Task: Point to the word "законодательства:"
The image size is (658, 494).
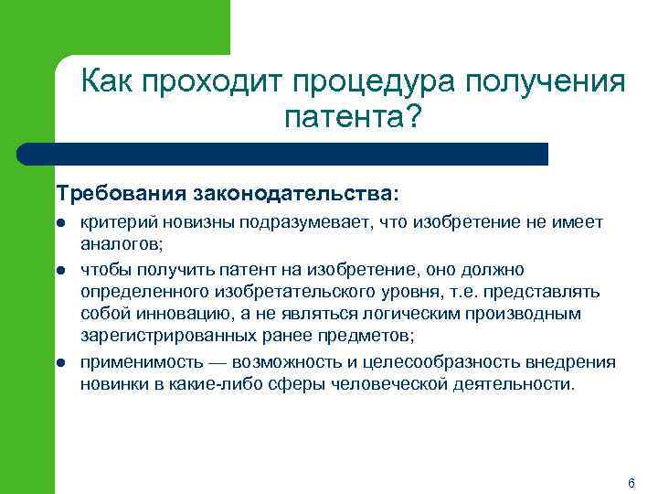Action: (x=295, y=194)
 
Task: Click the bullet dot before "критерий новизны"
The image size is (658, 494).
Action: (x=59, y=224)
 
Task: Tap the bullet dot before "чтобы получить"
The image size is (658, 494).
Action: (x=59, y=270)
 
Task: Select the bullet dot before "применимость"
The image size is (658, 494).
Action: (x=59, y=362)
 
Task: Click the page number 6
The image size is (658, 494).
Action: (x=631, y=482)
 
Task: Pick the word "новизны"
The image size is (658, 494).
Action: (x=182, y=224)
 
